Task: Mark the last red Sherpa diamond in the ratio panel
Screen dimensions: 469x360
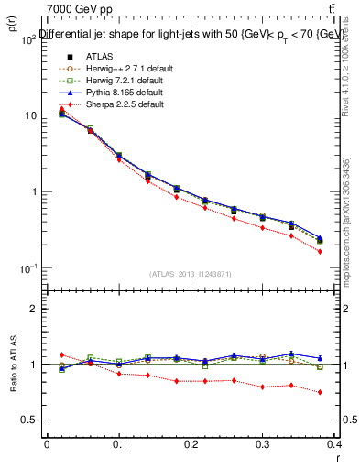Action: click(345, 392)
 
